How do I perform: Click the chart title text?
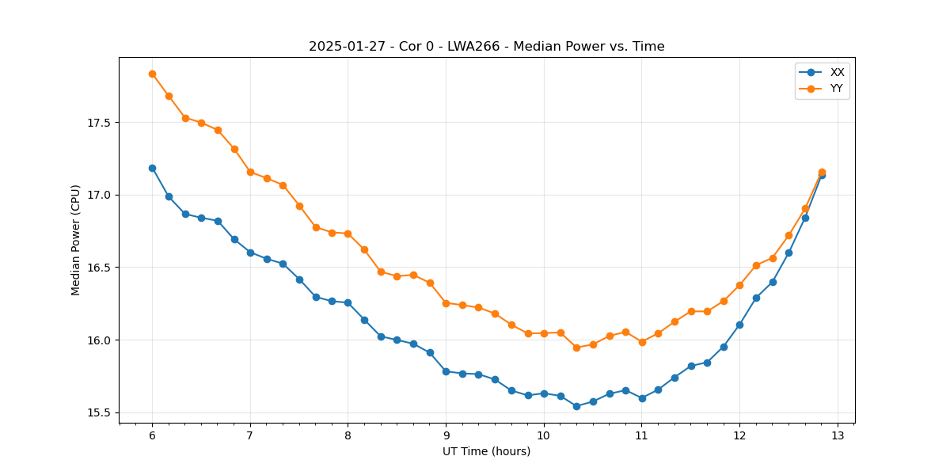coord(486,47)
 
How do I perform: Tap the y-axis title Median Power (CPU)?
coord(76,240)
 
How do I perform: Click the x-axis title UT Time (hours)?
coord(486,451)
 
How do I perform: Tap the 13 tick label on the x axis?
coord(838,436)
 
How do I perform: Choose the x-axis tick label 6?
coord(152,436)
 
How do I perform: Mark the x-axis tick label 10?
coord(544,436)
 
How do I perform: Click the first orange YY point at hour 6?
coord(152,74)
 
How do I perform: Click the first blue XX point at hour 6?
coord(152,168)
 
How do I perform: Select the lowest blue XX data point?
coord(576,406)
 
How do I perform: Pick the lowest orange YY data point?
coord(576,348)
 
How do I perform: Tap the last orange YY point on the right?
coord(822,172)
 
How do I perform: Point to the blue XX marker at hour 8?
coord(348,302)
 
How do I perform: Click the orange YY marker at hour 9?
coord(446,303)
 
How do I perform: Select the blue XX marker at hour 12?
coord(739,325)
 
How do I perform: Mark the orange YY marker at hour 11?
coord(642,342)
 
